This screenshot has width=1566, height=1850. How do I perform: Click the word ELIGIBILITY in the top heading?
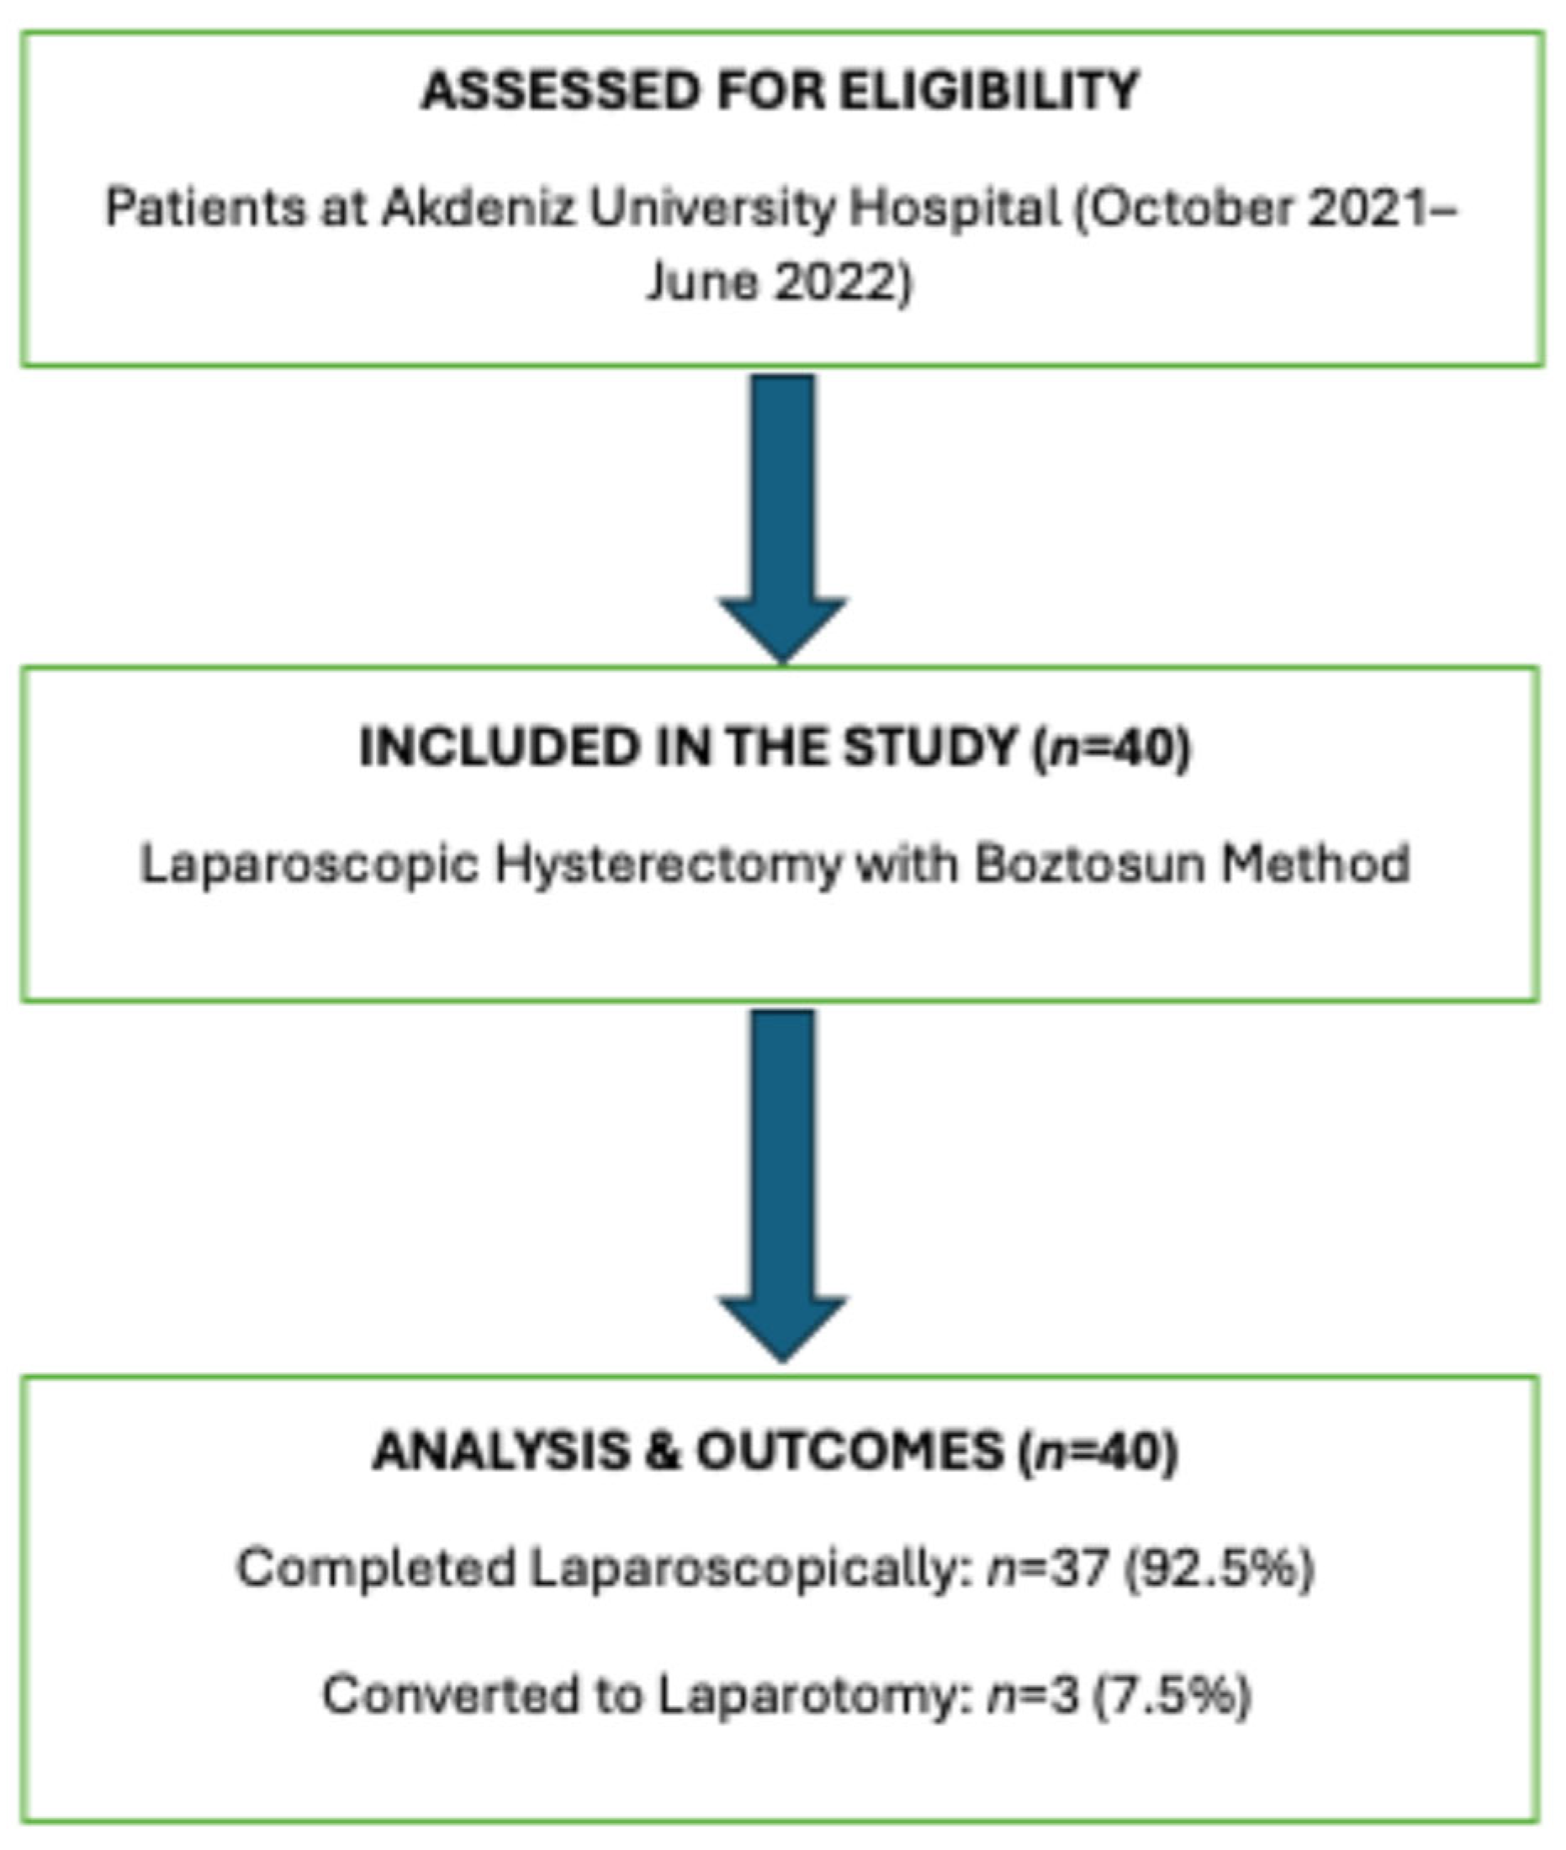[x=988, y=91]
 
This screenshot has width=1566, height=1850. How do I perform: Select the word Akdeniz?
[x=479, y=209]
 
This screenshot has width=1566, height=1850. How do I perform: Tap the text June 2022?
[x=778, y=283]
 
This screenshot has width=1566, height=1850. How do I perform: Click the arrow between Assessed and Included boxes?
[x=782, y=515]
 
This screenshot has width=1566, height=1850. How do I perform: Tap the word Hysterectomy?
[x=668, y=864]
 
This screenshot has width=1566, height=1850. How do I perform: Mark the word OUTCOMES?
[x=849, y=1452]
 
